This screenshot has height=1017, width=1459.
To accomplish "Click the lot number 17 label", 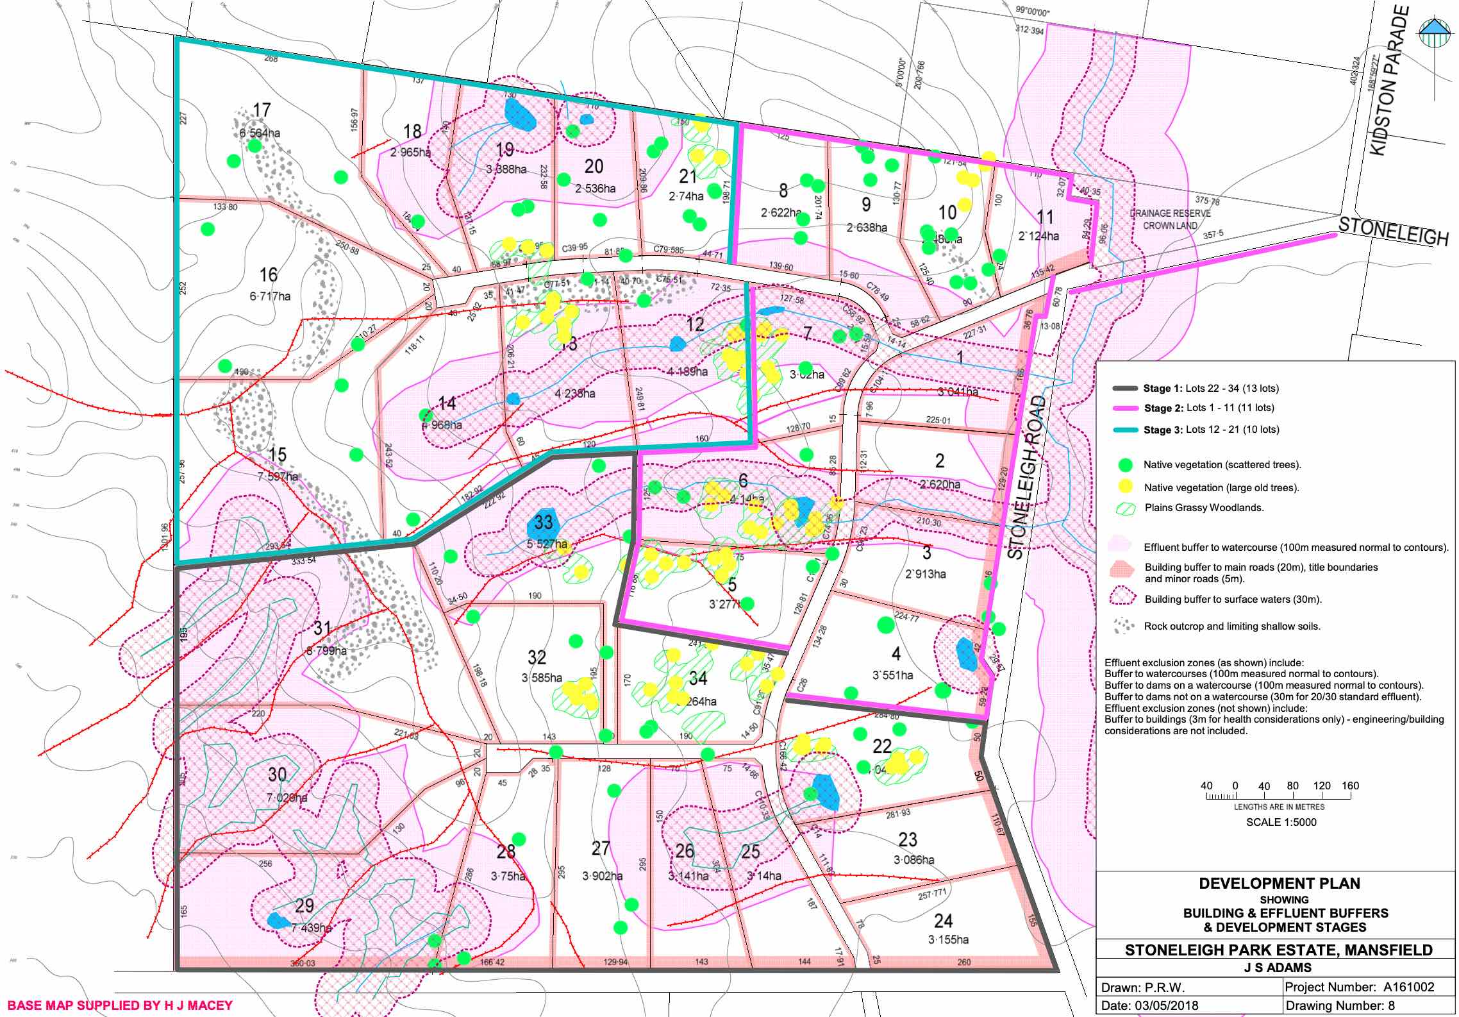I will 262,110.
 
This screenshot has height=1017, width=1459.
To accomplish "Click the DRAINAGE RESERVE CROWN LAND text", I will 1170,219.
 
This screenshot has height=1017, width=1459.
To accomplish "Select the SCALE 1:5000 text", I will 1281,822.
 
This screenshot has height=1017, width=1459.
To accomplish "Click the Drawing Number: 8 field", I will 1340,1005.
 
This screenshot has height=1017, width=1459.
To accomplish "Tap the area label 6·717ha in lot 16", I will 269,296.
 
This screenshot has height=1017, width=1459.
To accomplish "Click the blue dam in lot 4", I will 966,654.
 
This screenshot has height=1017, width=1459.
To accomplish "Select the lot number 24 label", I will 943,921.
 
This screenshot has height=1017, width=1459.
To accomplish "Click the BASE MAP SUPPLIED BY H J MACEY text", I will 119,1005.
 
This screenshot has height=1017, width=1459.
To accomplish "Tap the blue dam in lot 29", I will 278,921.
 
